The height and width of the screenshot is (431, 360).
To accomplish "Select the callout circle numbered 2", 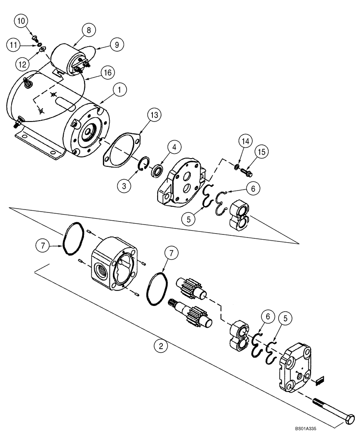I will point(161,346).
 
